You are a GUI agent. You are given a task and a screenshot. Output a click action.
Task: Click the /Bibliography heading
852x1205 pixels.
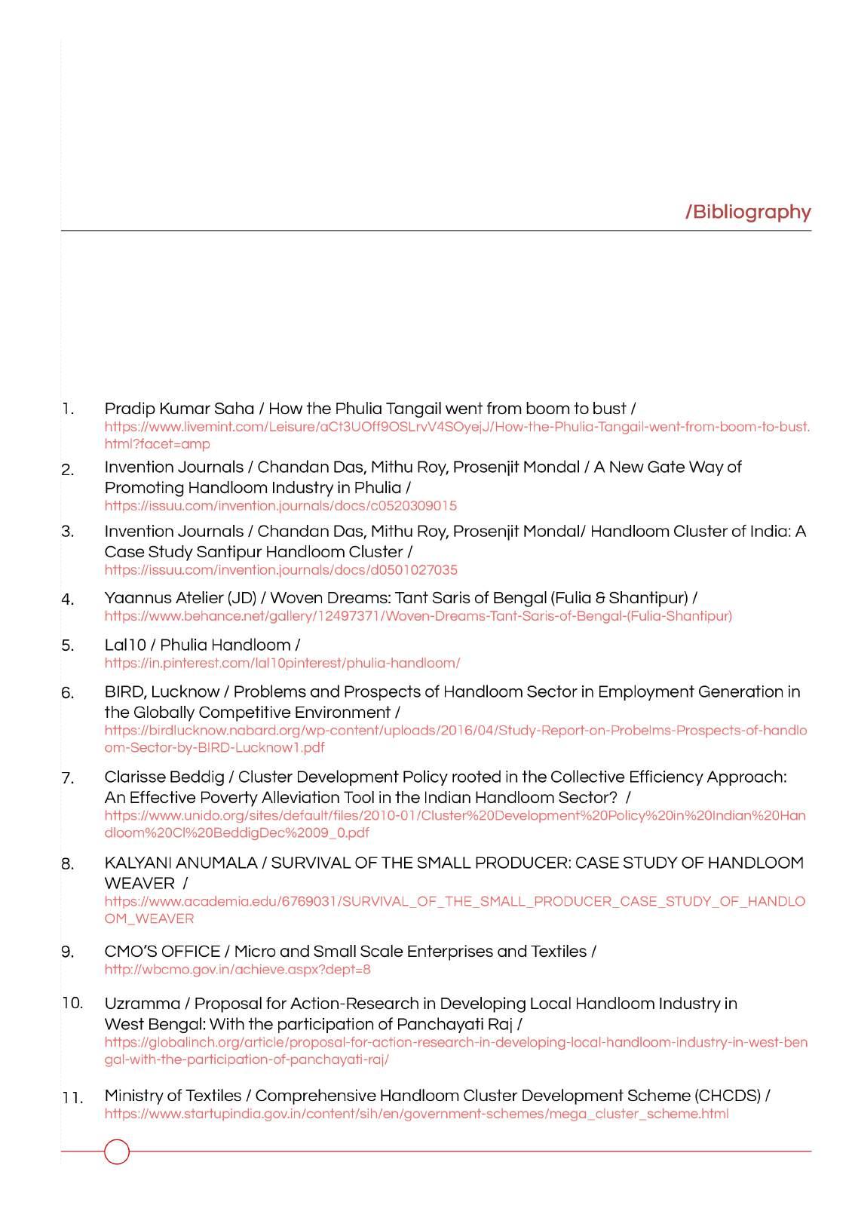pos(748,212)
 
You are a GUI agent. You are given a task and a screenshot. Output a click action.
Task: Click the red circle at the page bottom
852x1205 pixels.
pos(117,1151)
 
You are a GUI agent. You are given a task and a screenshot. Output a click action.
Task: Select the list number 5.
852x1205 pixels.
pos(68,645)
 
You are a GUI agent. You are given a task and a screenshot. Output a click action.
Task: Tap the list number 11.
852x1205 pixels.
pos(72,1098)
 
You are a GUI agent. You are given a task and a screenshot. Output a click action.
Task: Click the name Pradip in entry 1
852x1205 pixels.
pos(126,409)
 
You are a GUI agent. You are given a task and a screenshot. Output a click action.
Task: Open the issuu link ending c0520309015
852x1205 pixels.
pos(280,506)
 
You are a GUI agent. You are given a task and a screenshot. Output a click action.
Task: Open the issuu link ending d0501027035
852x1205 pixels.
pos(280,570)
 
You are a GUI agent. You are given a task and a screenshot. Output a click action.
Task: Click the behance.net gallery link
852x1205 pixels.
pos(418,616)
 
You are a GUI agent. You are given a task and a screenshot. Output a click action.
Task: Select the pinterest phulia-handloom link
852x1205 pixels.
pos(282,664)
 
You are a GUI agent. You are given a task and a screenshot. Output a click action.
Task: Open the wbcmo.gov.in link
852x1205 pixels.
pos(237,970)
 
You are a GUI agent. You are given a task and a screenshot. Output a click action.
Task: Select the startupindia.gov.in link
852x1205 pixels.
pos(416,1114)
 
